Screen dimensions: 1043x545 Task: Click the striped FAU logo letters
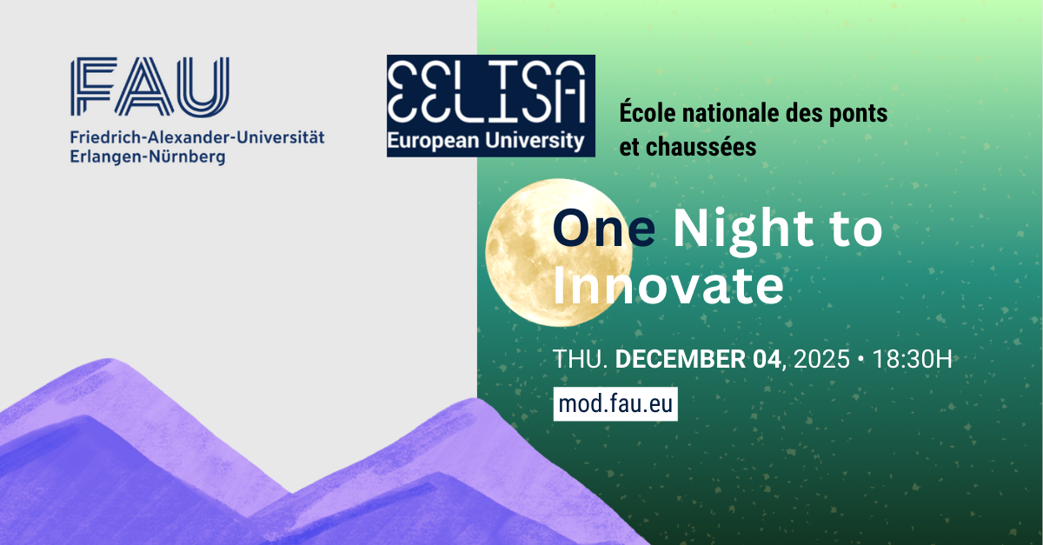[x=149, y=87]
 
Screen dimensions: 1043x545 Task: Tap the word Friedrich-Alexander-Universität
[x=197, y=137]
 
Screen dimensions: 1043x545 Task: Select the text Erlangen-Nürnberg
[x=148, y=157]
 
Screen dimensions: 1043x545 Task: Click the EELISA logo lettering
[x=486, y=92]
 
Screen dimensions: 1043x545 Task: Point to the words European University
[x=486, y=141]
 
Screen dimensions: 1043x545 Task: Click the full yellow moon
[x=559, y=252]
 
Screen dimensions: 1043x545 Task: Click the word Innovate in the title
[x=668, y=285]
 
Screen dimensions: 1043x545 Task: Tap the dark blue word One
[x=604, y=228]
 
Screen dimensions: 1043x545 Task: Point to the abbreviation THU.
[x=581, y=359]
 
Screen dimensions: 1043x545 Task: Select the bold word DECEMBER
[x=681, y=359]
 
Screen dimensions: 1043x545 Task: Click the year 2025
[x=821, y=359]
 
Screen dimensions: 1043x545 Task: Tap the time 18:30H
[x=912, y=359]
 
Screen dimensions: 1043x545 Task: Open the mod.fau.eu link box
[x=615, y=404]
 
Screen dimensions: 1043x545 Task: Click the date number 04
[x=767, y=359]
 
